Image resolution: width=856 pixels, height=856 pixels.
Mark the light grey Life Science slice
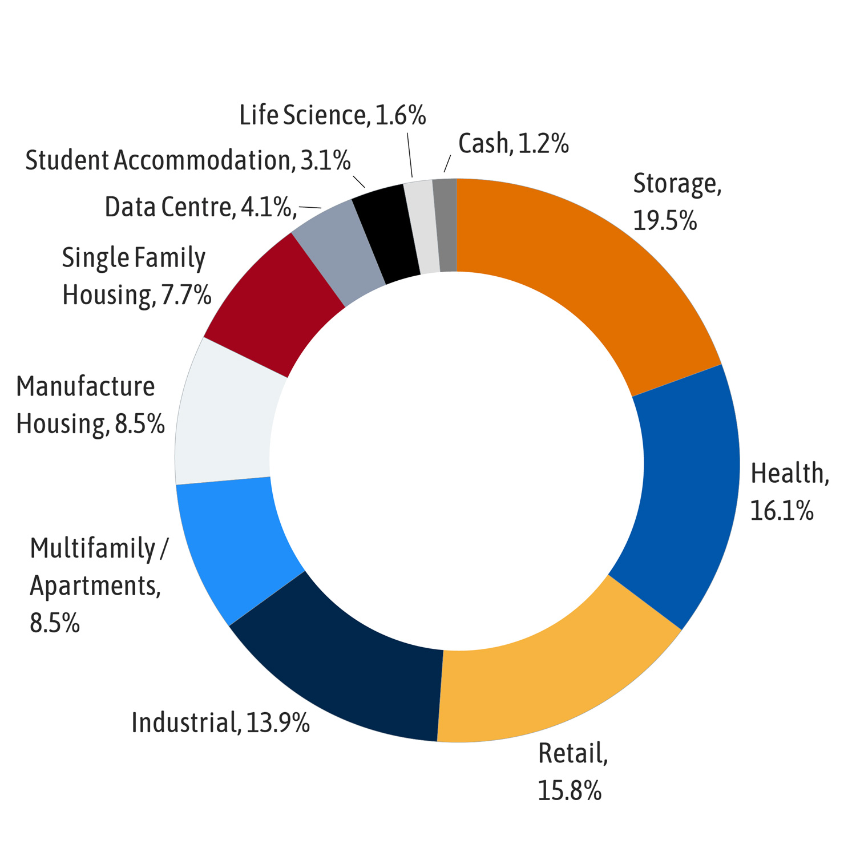pos(421,227)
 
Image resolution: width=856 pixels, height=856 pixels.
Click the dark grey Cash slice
pos(445,225)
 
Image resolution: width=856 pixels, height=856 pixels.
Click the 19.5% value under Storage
pos(665,221)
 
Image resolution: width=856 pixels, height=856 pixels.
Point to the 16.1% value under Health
pos(781,511)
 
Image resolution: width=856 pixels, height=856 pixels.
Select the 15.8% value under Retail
pos(570,791)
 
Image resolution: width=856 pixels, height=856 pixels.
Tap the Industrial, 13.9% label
pos(220,723)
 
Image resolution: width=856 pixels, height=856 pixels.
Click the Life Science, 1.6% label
pos(332,116)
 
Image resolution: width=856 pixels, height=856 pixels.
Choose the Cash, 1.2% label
pos(513,144)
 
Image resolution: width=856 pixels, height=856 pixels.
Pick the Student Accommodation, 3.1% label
pos(188,160)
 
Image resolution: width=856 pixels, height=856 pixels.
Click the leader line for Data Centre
pos(310,207)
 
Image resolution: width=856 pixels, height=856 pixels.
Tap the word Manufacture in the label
pos(85,387)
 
